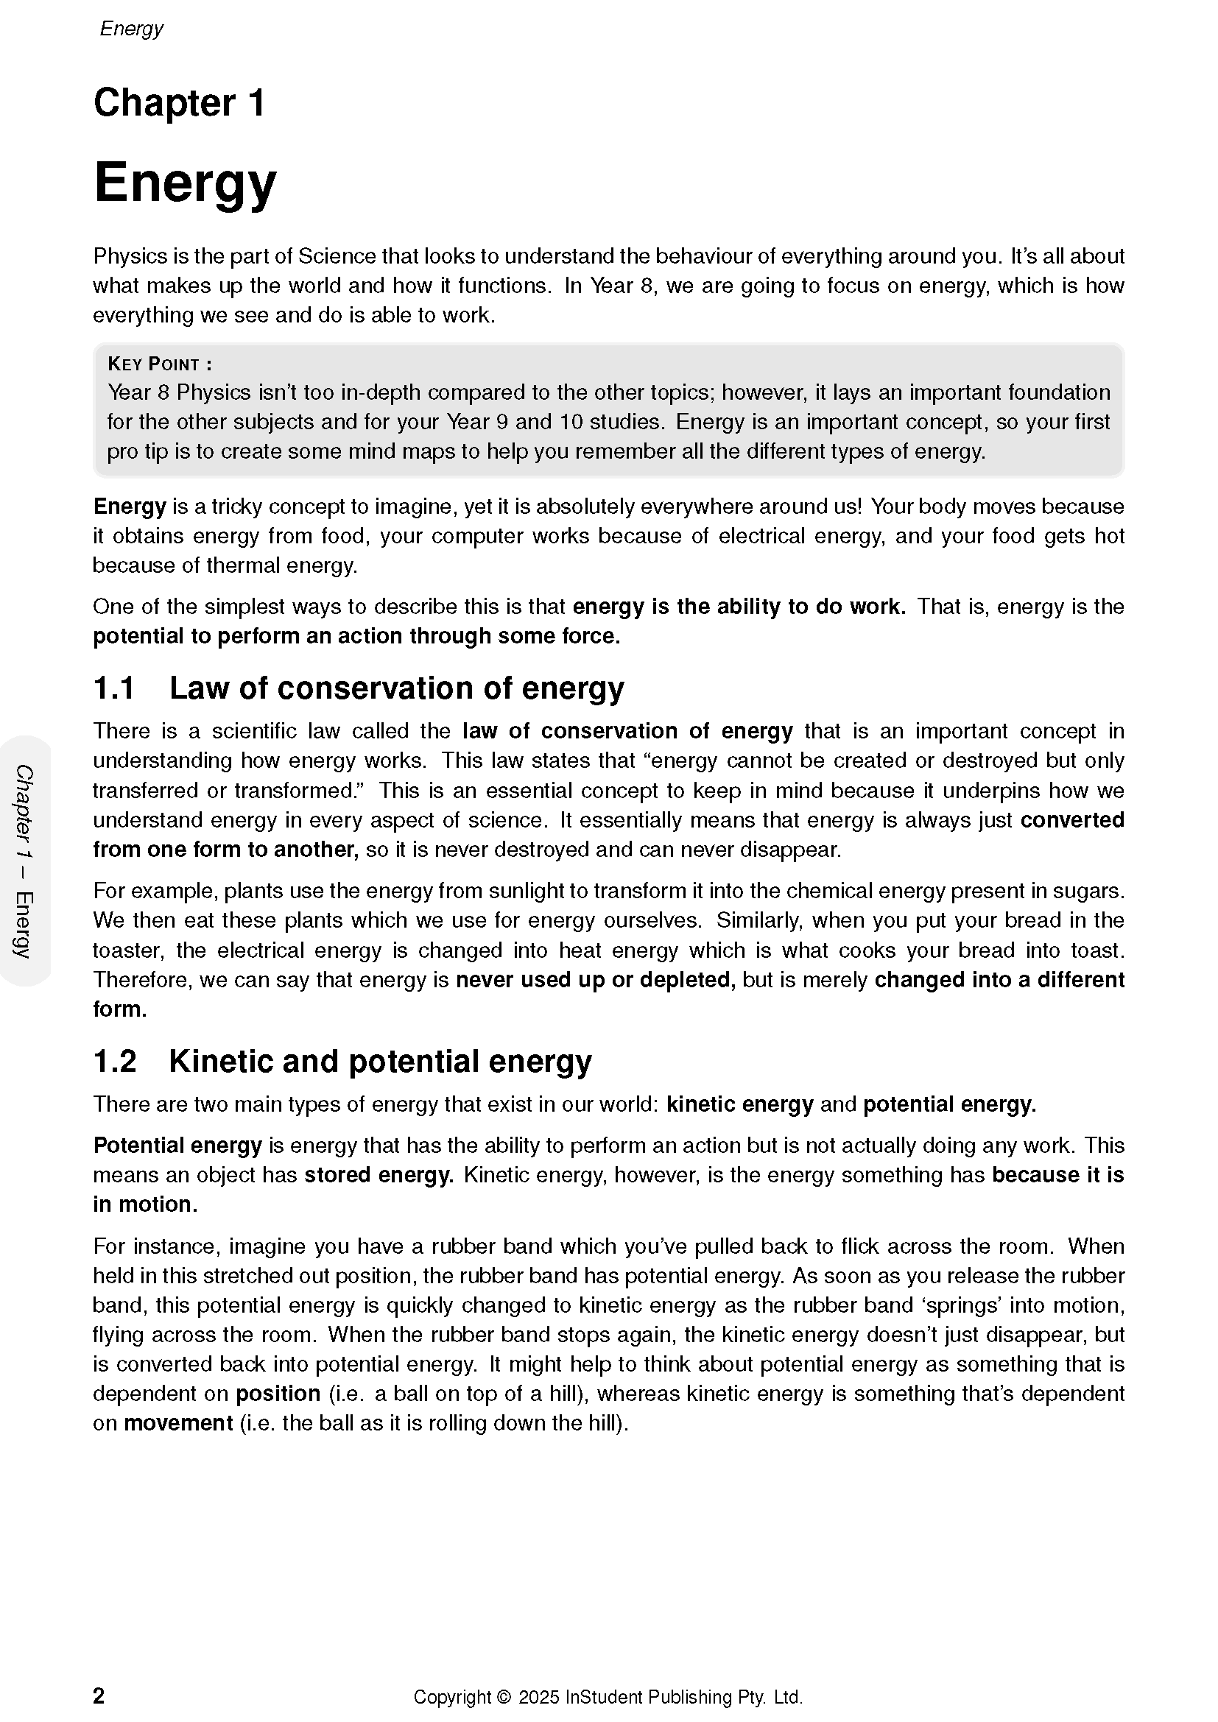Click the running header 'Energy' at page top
[131, 29]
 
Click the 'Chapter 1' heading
[179, 103]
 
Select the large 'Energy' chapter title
[186, 183]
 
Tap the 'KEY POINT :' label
[160, 364]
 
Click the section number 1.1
[114, 688]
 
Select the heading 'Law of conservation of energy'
[397, 688]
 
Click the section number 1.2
[115, 1062]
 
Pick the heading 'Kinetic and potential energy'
[380, 1062]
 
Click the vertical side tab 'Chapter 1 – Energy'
[25, 861]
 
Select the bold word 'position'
[278, 1394]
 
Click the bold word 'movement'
[178, 1423]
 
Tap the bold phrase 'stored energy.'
[379, 1174]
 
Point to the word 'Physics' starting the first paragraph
[130, 256]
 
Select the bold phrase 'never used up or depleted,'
[596, 979]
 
